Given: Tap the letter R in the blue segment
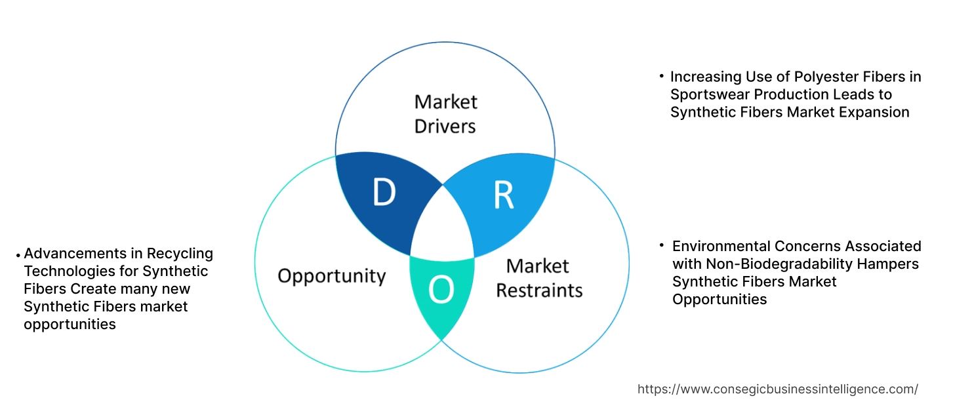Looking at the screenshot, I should [503, 195].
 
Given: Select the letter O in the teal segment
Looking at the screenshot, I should [441, 290].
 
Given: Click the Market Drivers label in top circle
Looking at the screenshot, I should [445, 113].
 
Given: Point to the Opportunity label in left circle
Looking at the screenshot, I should [331, 275].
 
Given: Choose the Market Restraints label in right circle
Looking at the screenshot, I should [538, 277].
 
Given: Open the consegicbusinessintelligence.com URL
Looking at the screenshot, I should [777, 389].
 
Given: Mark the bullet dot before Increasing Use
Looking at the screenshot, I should [661, 77].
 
